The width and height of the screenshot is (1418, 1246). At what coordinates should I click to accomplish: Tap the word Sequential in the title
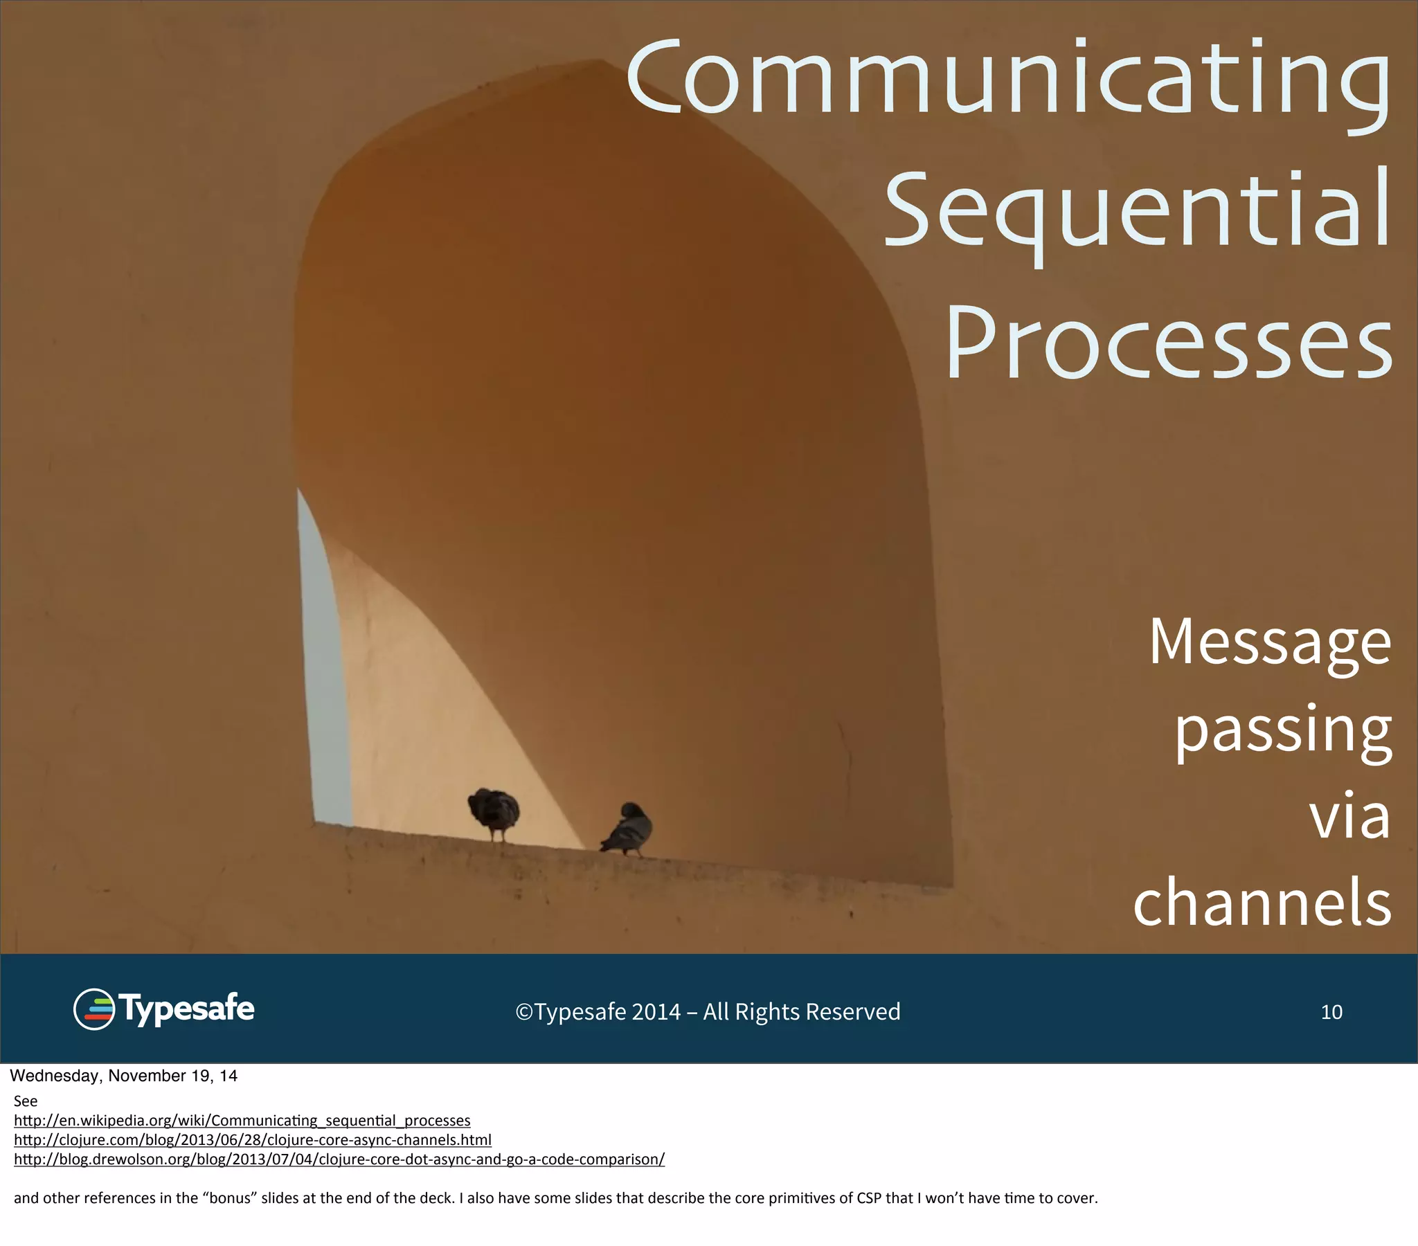(1138, 212)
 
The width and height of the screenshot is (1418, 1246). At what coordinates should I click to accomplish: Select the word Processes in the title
(1169, 343)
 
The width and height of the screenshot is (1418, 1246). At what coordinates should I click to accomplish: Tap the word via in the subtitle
(1349, 818)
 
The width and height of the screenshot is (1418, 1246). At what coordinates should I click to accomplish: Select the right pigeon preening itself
(628, 829)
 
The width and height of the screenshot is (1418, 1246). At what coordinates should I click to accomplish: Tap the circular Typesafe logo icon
(93, 1009)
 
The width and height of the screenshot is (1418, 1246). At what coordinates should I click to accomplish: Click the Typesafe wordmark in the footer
(186, 1009)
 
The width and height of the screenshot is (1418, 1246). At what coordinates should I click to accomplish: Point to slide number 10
(1331, 1012)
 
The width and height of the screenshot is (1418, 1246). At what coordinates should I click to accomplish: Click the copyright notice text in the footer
(708, 1012)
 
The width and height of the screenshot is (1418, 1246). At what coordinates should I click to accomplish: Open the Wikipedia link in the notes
(242, 1121)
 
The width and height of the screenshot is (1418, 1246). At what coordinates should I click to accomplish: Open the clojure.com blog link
(253, 1140)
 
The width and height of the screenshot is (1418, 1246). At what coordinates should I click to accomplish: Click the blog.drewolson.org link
(339, 1159)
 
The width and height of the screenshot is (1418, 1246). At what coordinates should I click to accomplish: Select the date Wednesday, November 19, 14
(123, 1076)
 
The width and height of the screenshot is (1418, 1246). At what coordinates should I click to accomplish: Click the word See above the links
(26, 1101)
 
